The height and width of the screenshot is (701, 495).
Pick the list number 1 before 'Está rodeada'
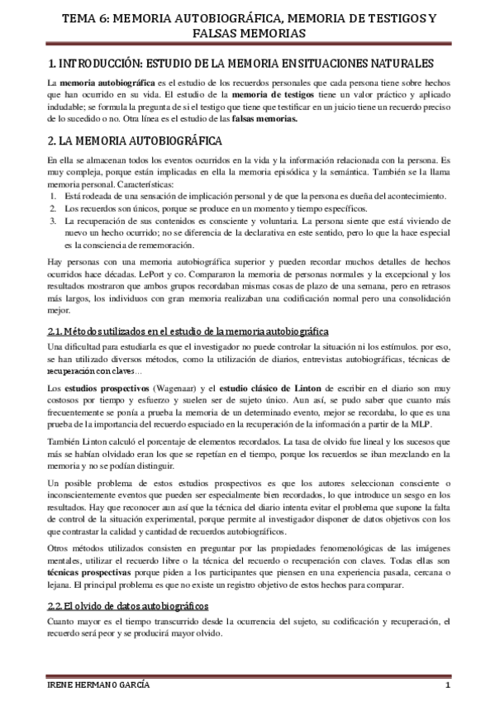[51, 195]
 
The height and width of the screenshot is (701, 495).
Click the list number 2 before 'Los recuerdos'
[51, 208]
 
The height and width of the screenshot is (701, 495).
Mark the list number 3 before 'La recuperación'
[51, 221]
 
